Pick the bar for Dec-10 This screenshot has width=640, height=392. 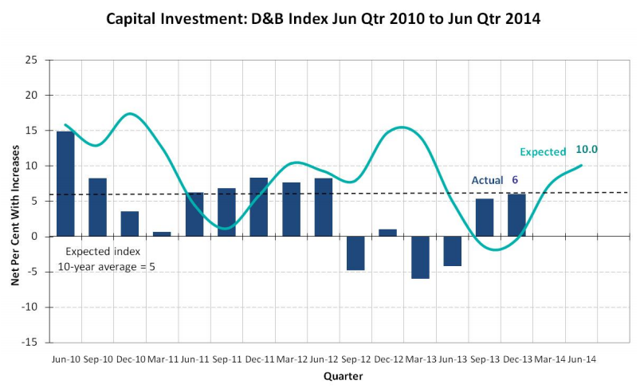pos(130,224)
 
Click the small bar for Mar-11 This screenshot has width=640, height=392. pos(162,234)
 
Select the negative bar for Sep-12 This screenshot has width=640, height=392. pos(355,253)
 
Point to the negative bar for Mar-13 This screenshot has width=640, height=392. pos(420,257)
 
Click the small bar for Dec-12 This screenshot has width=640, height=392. pos(388,233)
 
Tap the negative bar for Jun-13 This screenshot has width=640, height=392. pos(453,251)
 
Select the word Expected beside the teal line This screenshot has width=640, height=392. pos(542,151)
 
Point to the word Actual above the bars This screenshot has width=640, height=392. pos(487,180)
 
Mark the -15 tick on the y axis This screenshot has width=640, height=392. pos(29,342)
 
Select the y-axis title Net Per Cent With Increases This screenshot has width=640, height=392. pos(14,202)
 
